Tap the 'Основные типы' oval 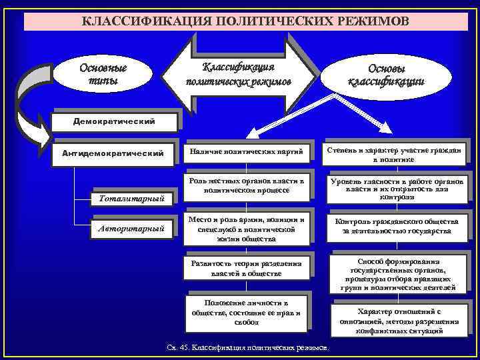[103, 73]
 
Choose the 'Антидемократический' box [113, 153]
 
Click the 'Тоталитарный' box [130, 198]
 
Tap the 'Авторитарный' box [131, 228]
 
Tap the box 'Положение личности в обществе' [247, 313]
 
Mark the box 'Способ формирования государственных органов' [398, 274]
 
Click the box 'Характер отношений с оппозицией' [399, 321]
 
